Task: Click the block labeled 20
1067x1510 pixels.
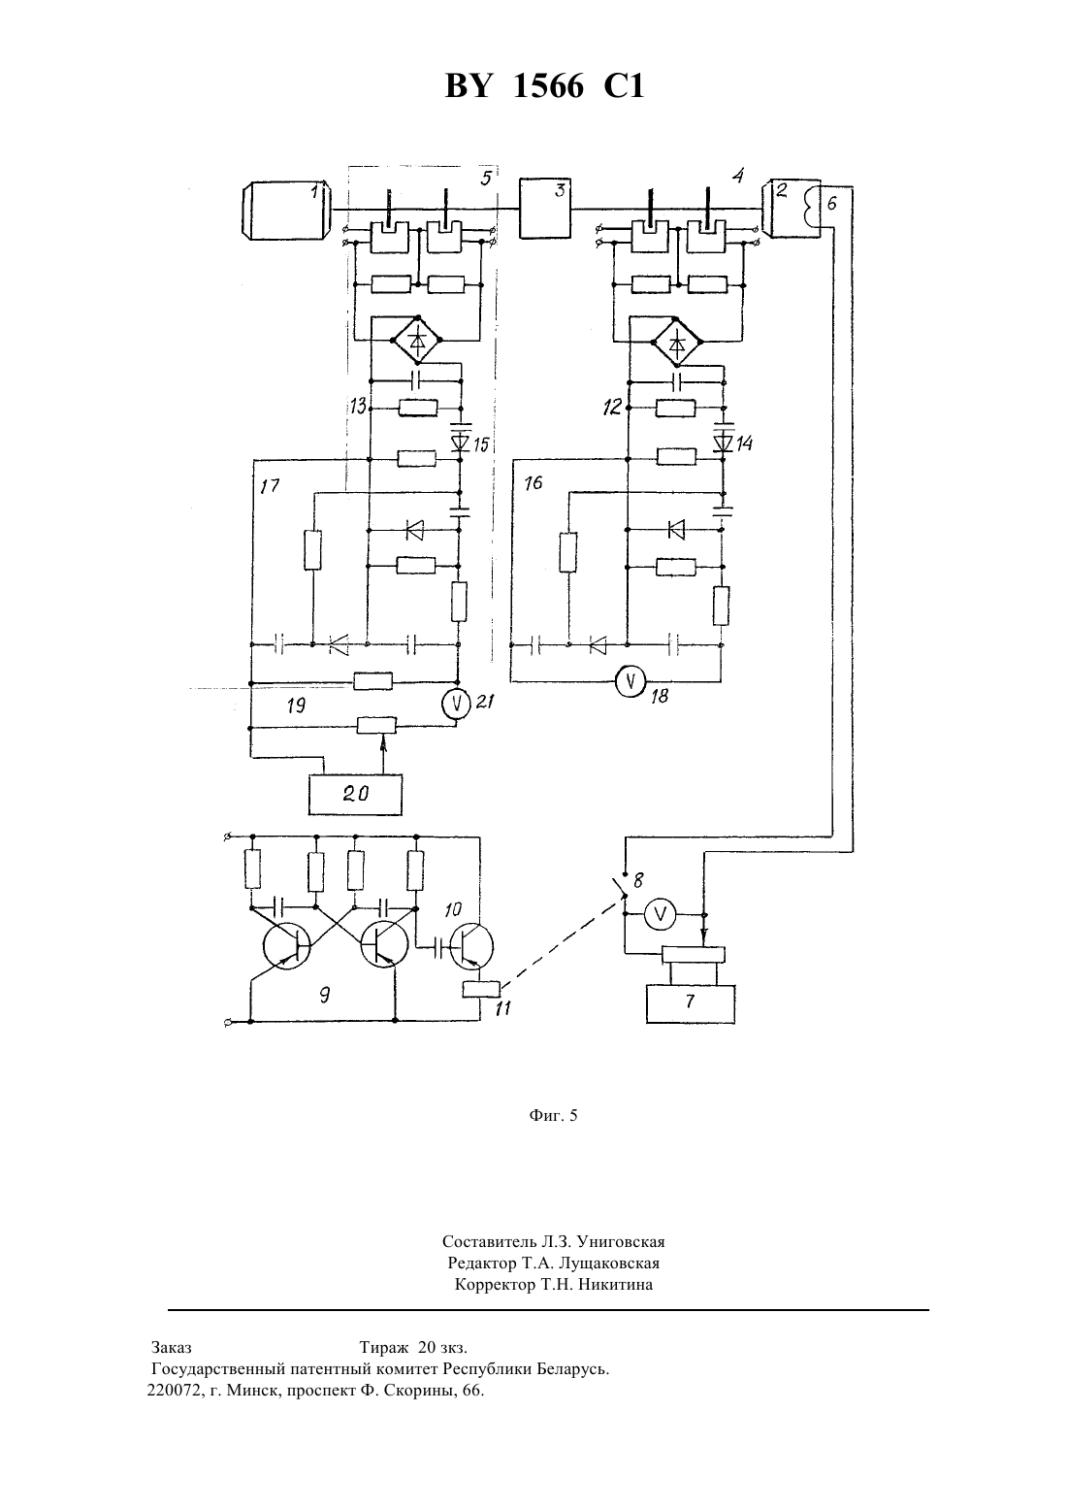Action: (x=355, y=795)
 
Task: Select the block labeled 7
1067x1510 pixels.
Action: (x=691, y=1003)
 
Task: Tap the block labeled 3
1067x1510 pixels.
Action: (x=545, y=209)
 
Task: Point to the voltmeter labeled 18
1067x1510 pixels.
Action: (x=630, y=682)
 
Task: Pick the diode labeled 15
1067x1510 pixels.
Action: (x=461, y=443)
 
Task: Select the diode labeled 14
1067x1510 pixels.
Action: (x=724, y=443)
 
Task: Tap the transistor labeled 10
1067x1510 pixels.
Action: (x=471, y=946)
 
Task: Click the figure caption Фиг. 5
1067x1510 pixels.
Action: (x=553, y=1115)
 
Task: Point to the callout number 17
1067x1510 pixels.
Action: (x=270, y=486)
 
